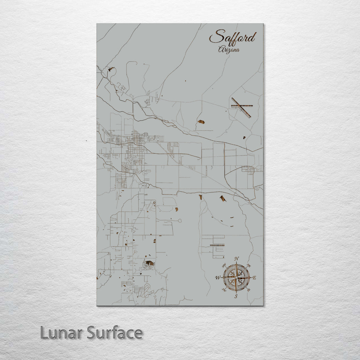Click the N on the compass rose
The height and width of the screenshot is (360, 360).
237,258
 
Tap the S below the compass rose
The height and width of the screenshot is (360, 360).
236,296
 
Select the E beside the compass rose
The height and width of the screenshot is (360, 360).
255,277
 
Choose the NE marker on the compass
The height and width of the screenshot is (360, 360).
249,266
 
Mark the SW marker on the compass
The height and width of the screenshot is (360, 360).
224,290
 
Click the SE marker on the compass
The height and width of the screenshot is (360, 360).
248,289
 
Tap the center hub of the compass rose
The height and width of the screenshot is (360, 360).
236,277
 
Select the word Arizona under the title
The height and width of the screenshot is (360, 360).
229,50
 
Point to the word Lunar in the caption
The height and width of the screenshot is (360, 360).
61,333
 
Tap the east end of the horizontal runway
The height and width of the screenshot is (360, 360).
252,106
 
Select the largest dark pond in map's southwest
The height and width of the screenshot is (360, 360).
149,263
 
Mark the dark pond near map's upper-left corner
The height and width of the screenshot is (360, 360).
111,70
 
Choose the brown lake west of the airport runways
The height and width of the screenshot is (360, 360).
201,122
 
